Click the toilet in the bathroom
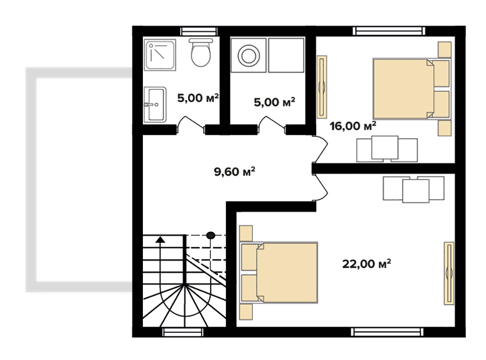point(201,52)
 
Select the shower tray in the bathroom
point(160,55)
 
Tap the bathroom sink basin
point(155,104)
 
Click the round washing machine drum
point(248,56)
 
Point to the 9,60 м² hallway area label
point(235,171)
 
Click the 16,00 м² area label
point(353,125)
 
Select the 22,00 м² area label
point(366,264)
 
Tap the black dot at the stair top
point(211,236)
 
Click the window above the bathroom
point(199,31)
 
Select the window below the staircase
point(183,332)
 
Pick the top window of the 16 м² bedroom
point(389,31)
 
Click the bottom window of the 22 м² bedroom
point(387,332)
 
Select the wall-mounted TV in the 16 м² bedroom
point(322,87)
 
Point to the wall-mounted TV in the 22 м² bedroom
point(449,273)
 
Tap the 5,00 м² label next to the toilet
point(198,98)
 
